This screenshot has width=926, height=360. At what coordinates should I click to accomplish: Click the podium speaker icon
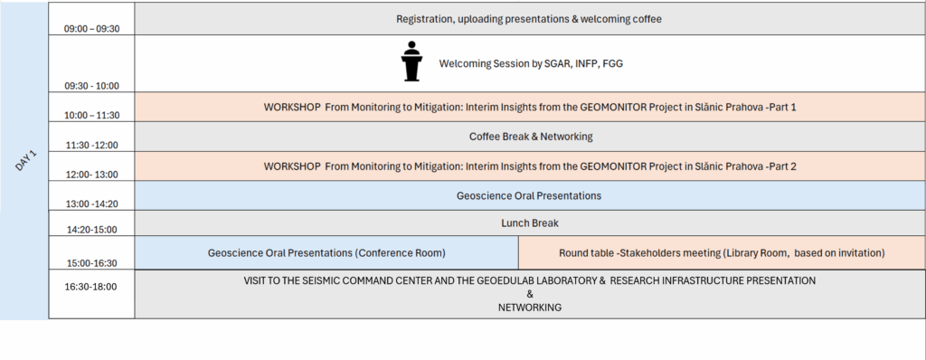pyautogui.click(x=411, y=61)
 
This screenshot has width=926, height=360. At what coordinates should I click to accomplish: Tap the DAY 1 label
pyautogui.click(x=26, y=161)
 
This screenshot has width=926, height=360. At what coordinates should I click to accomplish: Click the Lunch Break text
pyautogui.click(x=530, y=223)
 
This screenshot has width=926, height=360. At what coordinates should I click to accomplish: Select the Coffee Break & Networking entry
pyautogui.click(x=531, y=137)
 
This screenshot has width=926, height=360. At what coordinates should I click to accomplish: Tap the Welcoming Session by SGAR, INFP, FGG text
pyautogui.click(x=531, y=63)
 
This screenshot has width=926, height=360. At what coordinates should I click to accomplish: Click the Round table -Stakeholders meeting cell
pyautogui.click(x=722, y=253)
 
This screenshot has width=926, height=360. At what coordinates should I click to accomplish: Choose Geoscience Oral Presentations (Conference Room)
pyautogui.click(x=326, y=253)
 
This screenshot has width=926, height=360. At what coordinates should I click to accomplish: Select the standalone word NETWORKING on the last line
pyautogui.click(x=530, y=308)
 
